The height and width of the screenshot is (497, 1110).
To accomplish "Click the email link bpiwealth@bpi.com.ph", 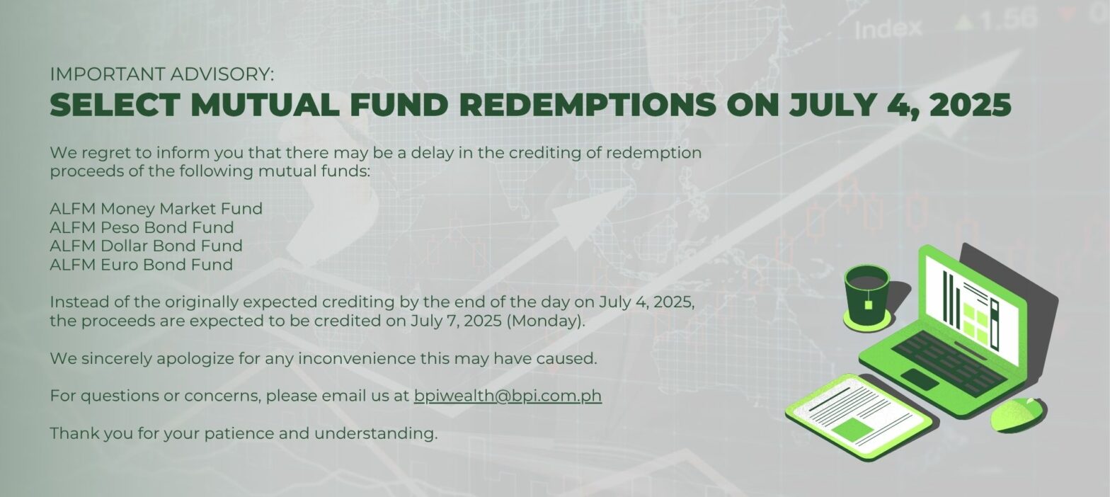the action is point(508,396).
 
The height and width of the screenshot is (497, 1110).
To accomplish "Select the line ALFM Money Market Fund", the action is point(156,209).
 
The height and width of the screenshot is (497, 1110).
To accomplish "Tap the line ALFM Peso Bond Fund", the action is point(142,227).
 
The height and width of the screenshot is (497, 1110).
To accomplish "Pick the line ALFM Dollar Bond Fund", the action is point(146,246).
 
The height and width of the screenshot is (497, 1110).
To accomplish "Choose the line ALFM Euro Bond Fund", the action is point(142,265).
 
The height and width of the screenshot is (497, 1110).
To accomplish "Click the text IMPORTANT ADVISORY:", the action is point(161,74).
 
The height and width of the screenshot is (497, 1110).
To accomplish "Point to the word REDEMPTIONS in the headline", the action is point(588,105).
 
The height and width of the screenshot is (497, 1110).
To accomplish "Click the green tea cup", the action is point(867,295).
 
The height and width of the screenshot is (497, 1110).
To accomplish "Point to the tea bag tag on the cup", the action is point(868,304).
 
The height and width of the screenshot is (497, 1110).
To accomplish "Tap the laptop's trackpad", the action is point(920,379).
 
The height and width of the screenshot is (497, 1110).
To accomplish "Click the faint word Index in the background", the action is point(888,29).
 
